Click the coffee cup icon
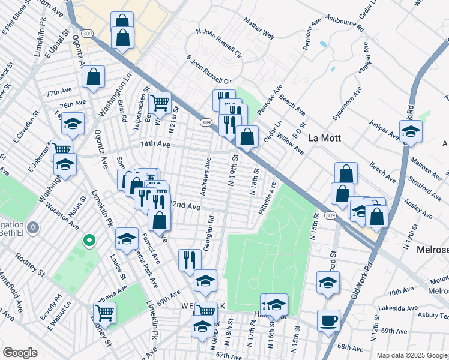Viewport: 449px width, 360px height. [328, 321]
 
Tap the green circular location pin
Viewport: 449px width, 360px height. [89, 241]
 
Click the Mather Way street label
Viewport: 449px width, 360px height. [259, 29]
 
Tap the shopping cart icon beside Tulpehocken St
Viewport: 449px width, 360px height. [160, 104]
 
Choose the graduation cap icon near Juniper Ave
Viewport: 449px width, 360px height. [411, 132]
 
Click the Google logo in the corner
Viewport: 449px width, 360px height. [20, 353]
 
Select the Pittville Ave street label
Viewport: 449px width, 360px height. [267, 199]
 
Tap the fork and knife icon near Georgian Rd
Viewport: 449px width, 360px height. [190, 260]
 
